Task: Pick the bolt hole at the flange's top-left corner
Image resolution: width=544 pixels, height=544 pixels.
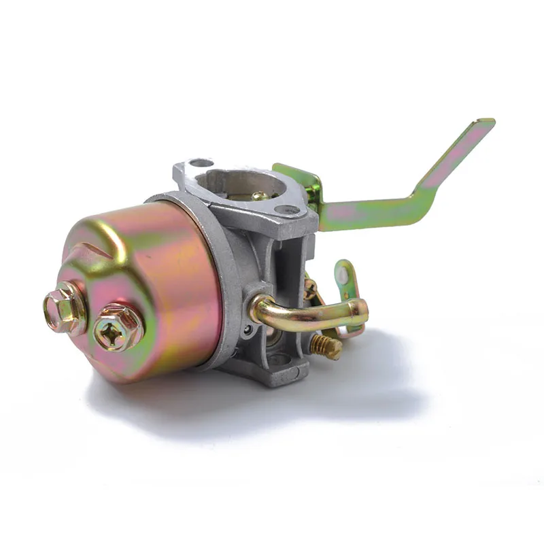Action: click(201, 163)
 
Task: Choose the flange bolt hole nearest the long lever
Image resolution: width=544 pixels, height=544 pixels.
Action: click(288, 210)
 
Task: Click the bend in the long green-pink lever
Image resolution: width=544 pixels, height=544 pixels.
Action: click(425, 194)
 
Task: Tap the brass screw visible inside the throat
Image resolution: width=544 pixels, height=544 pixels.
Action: click(260, 196)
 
